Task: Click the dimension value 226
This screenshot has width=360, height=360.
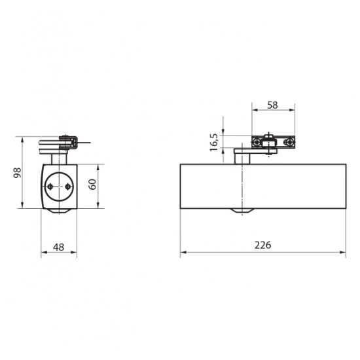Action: [262, 245]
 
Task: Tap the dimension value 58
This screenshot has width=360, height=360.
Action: [272, 105]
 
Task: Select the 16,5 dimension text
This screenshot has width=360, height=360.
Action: [214, 142]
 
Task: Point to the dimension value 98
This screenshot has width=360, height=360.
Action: [17, 173]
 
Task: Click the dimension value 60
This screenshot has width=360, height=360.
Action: [92, 185]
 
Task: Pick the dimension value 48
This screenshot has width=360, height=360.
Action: [58, 247]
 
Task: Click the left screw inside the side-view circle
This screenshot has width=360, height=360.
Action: [50, 187]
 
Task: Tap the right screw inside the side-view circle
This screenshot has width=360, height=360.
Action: [67, 187]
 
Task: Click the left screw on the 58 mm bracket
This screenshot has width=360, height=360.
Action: [256, 142]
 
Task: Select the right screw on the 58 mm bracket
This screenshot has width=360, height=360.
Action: [289, 142]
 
